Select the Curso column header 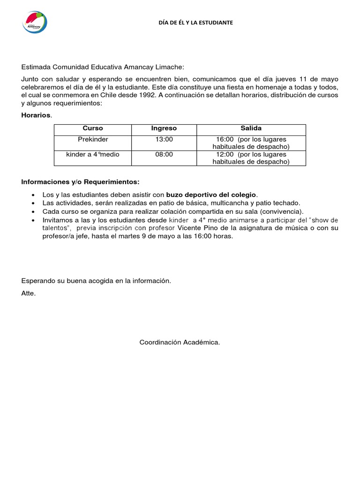(93, 128)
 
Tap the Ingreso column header (164, 128)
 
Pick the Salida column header (251, 128)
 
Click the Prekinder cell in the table (93, 139)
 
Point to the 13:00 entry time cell (164, 139)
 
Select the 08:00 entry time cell (164, 154)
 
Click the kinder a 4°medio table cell (93, 154)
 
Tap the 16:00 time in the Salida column (225, 139)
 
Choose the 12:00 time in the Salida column (225, 154)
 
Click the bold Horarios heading (36, 115)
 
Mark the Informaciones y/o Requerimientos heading (80, 181)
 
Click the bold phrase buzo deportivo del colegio (211, 195)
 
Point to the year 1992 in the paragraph (149, 96)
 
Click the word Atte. (28, 293)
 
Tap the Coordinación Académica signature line (180, 343)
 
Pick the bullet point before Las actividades (32, 203)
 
